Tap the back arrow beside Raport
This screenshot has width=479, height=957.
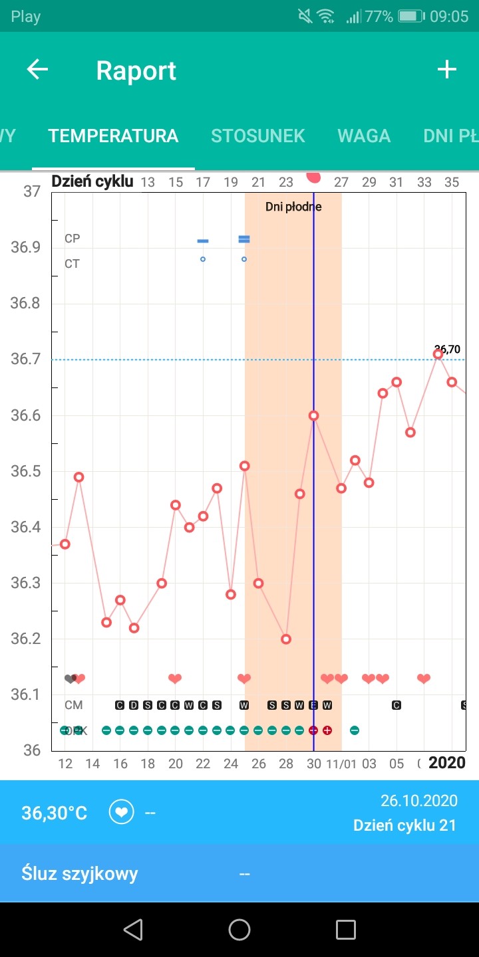(37, 70)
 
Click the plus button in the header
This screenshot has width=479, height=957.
(446, 70)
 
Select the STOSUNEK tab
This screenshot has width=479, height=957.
(257, 136)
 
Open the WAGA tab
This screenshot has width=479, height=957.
(364, 136)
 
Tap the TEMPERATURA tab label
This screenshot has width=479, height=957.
(113, 136)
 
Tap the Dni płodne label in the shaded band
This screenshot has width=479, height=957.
(293, 207)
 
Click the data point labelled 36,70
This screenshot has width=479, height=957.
(438, 354)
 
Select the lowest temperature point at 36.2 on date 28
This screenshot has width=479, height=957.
(286, 639)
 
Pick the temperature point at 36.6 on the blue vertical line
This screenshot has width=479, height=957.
(313, 415)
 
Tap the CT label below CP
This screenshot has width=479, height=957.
(72, 264)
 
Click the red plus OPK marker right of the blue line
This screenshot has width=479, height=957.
(327, 730)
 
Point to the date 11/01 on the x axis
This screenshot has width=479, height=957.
(341, 764)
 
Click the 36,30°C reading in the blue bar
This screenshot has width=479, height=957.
(55, 813)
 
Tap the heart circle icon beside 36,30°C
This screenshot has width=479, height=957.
(122, 813)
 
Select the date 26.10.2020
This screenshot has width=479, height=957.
(418, 800)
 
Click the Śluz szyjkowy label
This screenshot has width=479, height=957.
(80, 873)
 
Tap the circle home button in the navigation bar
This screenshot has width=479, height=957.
(239, 930)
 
